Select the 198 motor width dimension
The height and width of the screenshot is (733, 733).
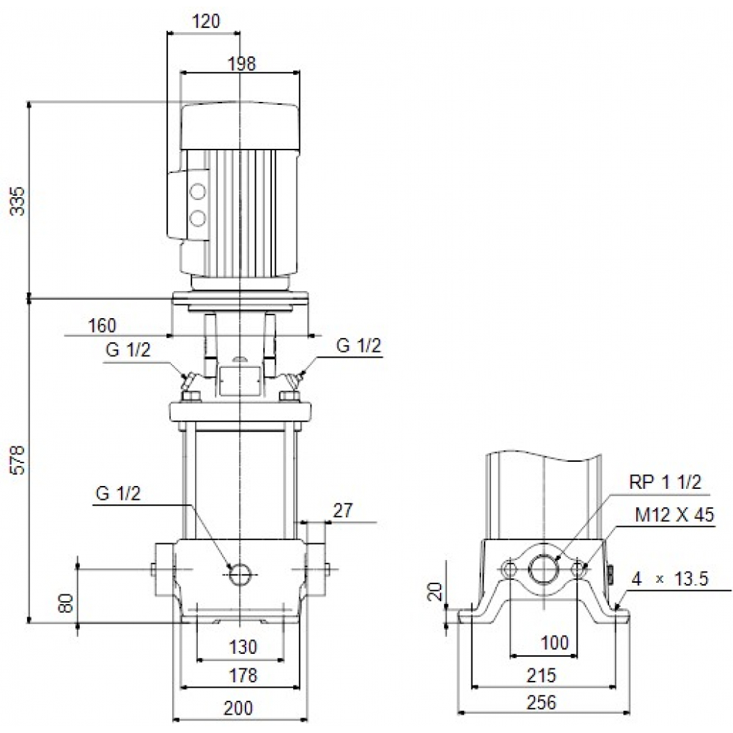click(241, 64)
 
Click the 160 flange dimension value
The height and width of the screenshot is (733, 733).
click(103, 325)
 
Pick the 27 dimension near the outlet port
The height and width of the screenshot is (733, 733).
click(342, 511)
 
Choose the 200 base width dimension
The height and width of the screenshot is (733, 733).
click(238, 708)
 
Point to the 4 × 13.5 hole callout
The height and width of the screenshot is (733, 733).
click(670, 579)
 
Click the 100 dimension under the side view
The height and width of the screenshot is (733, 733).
click(555, 644)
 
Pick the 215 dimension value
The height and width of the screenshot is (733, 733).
click(542, 676)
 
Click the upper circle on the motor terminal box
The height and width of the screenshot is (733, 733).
click(198, 192)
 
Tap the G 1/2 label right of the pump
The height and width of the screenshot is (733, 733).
click(358, 347)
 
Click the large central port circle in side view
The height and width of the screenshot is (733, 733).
click(544, 569)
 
